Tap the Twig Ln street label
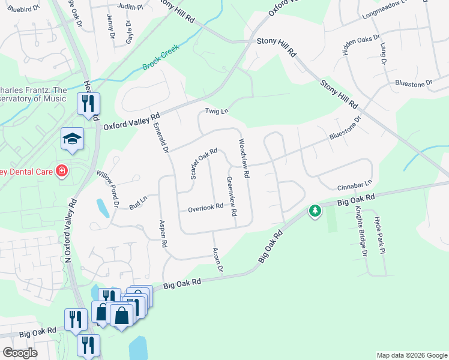pyautogui.click(x=217, y=111)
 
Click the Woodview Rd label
pyautogui.click(x=244, y=159)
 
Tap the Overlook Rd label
pyautogui.click(x=205, y=208)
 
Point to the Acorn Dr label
pyautogui.click(x=218, y=259)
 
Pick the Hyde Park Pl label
pyautogui.click(x=379, y=236)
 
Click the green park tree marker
pyautogui.click(x=315, y=211)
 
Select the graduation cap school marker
pyautogui.click(x=72, y=139)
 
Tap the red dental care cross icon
pyautogui.click(x=61, y=172)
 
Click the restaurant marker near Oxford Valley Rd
pyautogui.click(x=88, y=104)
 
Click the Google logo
pyautogui.click(x=20, y=353)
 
